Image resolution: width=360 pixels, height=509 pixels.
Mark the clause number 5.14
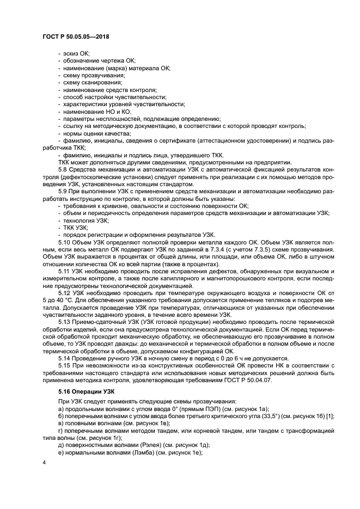pyautogui.click(x=65, y=359)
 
